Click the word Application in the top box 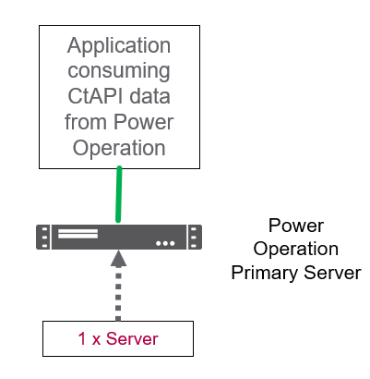click(x=119, y=46)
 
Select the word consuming click(x=119, y=72)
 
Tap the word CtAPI click(x=93, y=96)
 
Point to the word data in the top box click(x=149, y=96)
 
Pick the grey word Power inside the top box click(x=144, y=122)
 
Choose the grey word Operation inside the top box click(x=119, y=149)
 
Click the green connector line click(x=119, y=194)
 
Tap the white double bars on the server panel click(x=78, y=234)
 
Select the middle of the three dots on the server click(x=165, y=243)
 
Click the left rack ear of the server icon click(x=43, y=237)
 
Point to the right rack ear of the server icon click(x=195, y=237)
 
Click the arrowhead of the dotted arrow click(x=118, y=258)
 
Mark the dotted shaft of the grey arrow click(x=118, y=294)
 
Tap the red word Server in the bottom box click(x=132, y=339)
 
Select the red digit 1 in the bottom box click(x=82, y=339)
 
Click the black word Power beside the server click(x=296, y=226)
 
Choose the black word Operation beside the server click(x=296, y=250)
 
